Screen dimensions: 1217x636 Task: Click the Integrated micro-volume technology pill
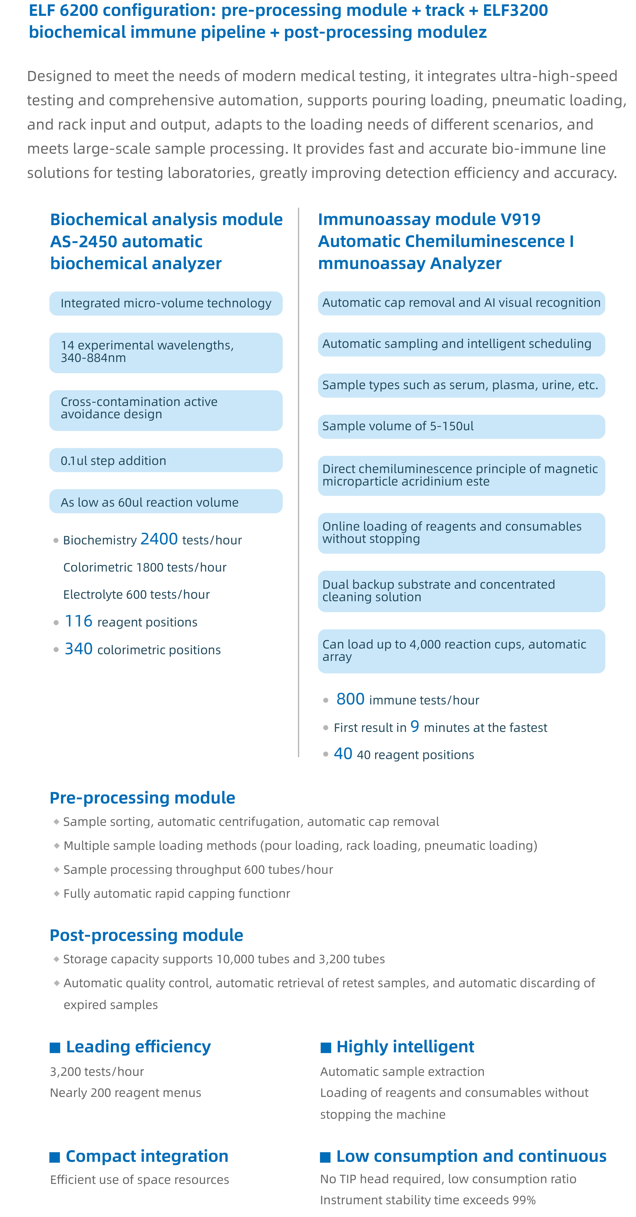[165, 303]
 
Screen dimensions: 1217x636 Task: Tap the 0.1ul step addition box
[165, 460]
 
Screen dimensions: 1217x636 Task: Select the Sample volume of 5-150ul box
[461, 426]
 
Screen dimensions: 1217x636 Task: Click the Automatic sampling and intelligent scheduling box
[461, 344]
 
